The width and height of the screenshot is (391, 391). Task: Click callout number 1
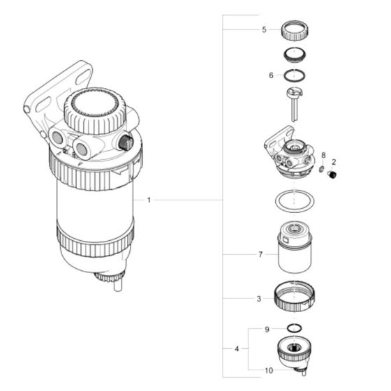click(149, 200)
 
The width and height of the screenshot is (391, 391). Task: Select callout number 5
click(264, 30)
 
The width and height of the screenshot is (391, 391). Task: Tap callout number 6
click(272, 74)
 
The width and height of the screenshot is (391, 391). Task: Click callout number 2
click(333, 161)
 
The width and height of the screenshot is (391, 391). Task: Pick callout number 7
click(260, 255)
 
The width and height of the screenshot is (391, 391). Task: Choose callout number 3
click(259, 298)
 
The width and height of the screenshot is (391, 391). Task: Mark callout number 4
click(236, 347)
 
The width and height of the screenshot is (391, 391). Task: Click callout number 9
click(267, 328)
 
